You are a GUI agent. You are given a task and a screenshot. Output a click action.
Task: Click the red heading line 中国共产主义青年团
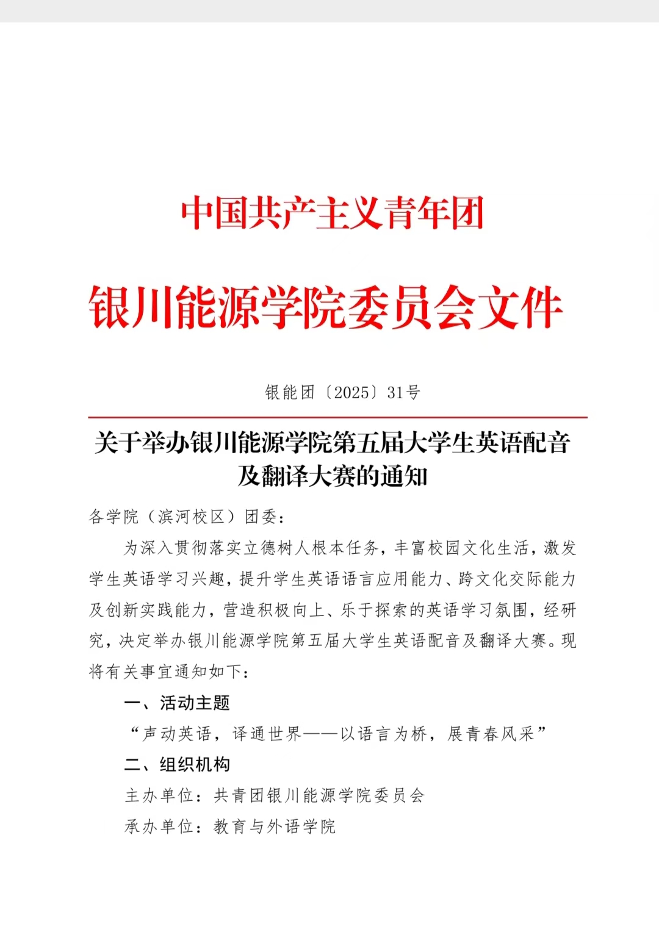coord(332,213)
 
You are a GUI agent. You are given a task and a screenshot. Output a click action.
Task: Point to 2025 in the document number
coord(351,392)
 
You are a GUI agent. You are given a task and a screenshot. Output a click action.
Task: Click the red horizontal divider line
coord(337,418)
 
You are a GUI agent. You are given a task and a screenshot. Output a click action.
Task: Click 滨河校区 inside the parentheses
coord(192,517)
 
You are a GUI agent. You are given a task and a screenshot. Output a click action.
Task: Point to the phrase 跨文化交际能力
coord(516,579)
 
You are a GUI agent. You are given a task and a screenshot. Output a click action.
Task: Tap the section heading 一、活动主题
coord(177,703)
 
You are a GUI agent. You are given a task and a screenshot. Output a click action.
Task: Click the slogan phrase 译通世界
coord(267,734)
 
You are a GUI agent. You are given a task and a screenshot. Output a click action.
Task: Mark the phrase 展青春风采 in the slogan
coord(491,734)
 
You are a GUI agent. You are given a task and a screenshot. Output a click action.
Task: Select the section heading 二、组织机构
coord(177,765)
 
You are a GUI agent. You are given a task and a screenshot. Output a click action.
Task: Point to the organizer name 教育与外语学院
coord(275,827)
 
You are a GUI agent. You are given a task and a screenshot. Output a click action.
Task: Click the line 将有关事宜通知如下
coord(166,672)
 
